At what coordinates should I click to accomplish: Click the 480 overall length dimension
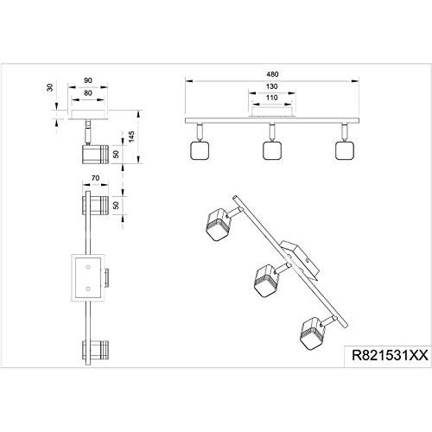tap(272, 74)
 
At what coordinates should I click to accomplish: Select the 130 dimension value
tap(271, 86)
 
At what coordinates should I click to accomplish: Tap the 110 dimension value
tap(271, 98)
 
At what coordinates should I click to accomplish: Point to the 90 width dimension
tap(88, 80)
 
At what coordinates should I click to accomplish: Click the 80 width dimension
tap(88, 93)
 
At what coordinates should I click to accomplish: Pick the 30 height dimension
tap(50, 87)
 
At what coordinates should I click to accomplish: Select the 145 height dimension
tap(131, 137)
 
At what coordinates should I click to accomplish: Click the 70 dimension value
tap(95, 178)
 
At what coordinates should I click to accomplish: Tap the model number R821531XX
tap(391, 355)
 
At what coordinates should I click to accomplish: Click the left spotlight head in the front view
tap(200, 150)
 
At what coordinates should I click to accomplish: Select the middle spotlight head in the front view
tap(272, 150)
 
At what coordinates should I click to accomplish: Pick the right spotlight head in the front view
tap(345, 150)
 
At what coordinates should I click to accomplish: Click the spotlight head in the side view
tap(95, 155)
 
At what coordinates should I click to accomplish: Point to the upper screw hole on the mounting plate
tap(88, 267)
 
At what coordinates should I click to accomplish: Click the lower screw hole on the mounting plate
tap(88, 289)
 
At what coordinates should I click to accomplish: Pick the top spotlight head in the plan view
tap(95, 206)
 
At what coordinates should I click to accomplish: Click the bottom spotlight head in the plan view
tap(95, 350)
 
